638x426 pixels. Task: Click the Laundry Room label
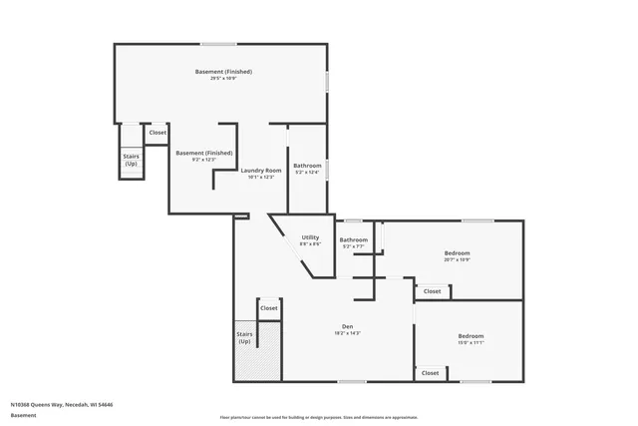tap(261, 171)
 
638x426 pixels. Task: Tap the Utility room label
tap(310, 236)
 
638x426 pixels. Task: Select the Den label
tap(348, 326)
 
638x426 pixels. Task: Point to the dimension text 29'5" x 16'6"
tap(223, 79)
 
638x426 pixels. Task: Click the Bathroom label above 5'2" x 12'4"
tap(307, 165)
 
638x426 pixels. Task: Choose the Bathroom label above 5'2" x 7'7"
tap(354, 239)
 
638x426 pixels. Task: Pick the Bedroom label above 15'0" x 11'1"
tap(471, 335)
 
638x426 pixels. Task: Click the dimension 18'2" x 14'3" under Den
tap(348, 333)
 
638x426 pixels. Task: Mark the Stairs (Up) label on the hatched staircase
tap(244, 338)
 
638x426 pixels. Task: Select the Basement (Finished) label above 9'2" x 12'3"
tap(204, 153)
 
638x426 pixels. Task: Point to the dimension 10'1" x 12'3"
tap(261, 178)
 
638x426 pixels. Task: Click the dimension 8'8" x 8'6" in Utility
tap(310, 243)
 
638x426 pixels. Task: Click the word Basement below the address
tap(22, 415)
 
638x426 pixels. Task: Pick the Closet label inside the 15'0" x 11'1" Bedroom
tap(430, 373)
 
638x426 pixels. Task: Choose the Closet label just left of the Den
tap(269, 308)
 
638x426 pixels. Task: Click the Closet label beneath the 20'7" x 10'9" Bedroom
tap(432, 291)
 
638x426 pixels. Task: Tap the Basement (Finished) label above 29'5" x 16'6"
tap(223, 72)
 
